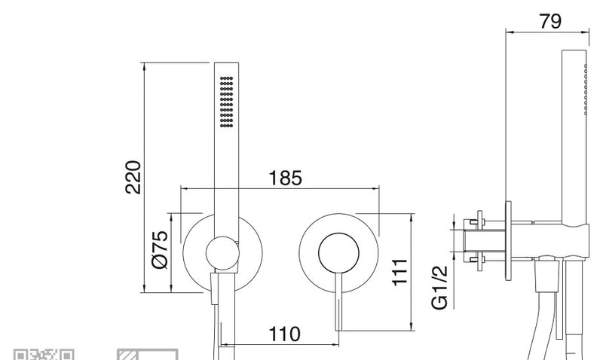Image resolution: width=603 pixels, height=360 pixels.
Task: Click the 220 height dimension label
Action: coord(133,177)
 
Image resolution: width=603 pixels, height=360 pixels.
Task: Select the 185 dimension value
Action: coord(285,178)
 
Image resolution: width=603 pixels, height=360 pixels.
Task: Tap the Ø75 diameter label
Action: coord(161,249)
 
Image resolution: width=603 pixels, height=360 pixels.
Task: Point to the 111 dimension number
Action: coord(399,272)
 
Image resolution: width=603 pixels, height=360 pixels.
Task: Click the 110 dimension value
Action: coord(284,334)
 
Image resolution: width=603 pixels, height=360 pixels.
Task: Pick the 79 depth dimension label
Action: coord(550,21)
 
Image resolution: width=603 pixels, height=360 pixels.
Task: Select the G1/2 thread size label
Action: coord(439,287)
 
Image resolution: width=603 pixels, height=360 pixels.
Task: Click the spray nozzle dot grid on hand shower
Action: coord(227,102)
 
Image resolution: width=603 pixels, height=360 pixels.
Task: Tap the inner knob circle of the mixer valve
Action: coord(338,253)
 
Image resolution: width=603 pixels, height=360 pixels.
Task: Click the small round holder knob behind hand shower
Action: coord(222,253)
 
